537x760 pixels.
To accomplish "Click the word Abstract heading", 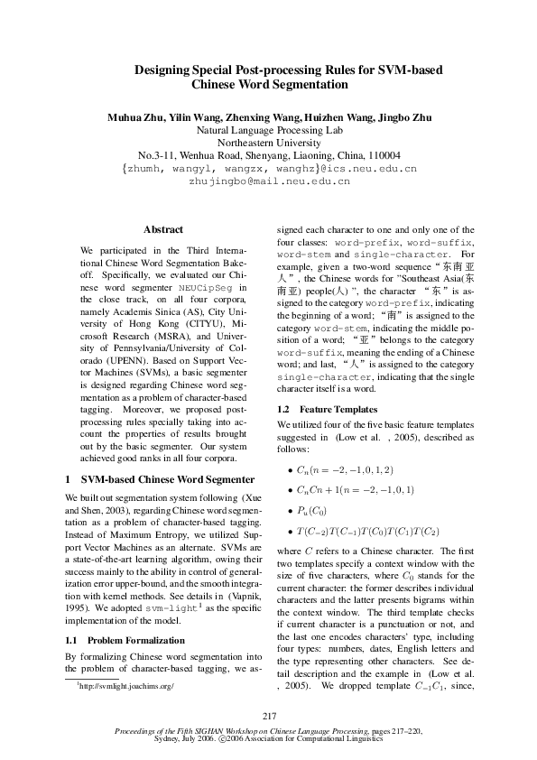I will [x=163, y=230].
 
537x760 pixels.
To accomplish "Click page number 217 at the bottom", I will [x=269, y=716].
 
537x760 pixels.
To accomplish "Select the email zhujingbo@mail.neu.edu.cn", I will [x=269, y=181].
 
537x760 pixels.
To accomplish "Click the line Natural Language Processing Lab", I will [x=269, y=130].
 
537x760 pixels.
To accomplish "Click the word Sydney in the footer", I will [x=171, y=737].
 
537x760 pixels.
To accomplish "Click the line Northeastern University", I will [x=269, y=143].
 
